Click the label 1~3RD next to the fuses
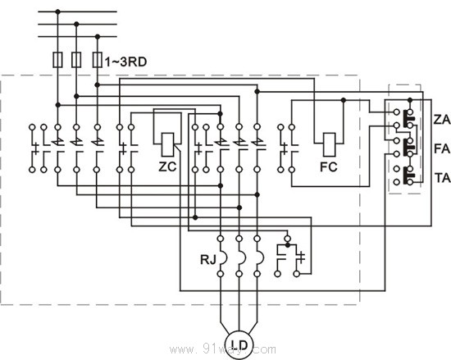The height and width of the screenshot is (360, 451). (x=127, y=62)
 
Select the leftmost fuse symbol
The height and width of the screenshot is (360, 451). (x=57, y=61)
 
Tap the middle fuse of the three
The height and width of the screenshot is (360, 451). (x=76, y=61)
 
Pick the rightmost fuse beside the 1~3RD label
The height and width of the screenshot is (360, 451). (x=97, y=61)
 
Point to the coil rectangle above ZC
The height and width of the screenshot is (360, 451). (x=168, y=143)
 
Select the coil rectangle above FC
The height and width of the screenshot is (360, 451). (x=332, y=143)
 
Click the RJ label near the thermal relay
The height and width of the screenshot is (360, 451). (x=208, y=261)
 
